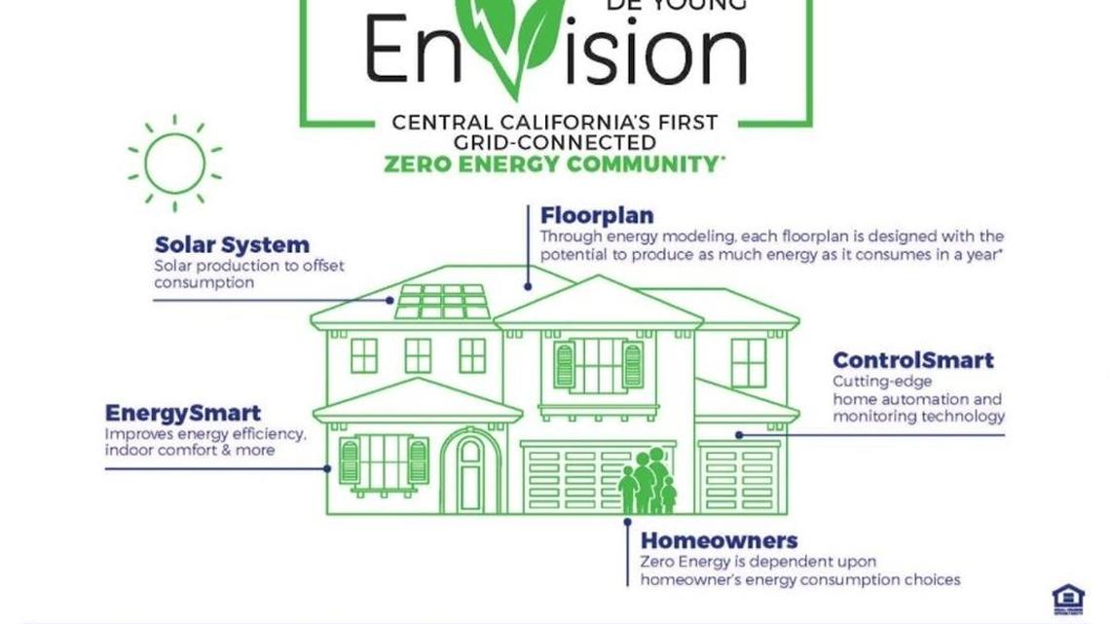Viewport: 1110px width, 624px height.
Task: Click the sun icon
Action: coord(174,163)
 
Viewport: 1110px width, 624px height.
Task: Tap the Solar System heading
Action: coord(232,244)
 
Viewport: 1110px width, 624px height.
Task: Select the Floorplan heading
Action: coord(597,215)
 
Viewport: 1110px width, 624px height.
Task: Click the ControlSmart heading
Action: coord(912,360)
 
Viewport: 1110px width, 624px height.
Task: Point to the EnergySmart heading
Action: coord(183,413)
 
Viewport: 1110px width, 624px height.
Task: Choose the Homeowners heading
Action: coord(719,540)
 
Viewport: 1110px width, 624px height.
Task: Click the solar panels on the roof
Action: coord(442,302)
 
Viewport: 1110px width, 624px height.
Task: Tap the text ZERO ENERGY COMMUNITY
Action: coord(553,164)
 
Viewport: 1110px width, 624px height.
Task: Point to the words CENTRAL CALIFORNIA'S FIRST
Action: coord(554,124)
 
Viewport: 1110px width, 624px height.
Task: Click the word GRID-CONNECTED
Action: coord(554,142)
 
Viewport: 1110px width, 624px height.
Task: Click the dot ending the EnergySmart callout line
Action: coord(327,468)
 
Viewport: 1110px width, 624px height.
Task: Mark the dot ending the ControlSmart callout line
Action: coord(739,435)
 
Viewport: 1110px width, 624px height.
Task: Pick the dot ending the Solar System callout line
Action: coord(391,300)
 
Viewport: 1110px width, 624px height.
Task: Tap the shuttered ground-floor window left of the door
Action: coord(384,460)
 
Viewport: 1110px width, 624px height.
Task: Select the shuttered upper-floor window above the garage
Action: coord(598,365)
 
